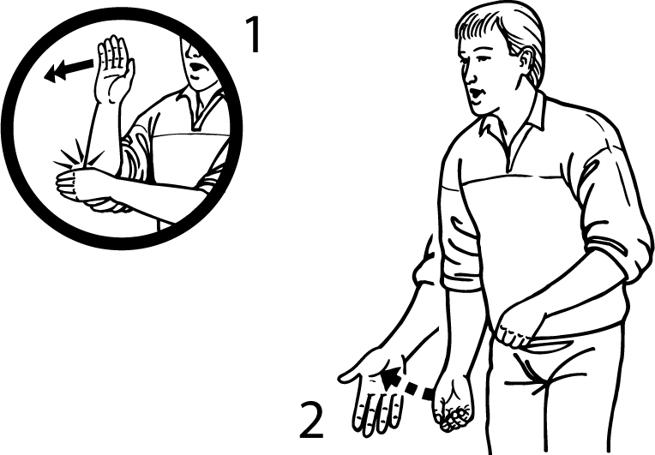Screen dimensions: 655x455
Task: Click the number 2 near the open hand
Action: click(x=312, y=421)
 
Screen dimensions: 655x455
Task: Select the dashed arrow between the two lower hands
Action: click(x=408, y=382)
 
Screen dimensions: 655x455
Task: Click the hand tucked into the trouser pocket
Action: click(x=517, y=330)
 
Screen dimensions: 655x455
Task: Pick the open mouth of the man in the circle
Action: click(x=196, y=67)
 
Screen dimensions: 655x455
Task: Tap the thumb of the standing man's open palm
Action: click(x=350, y=374)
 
